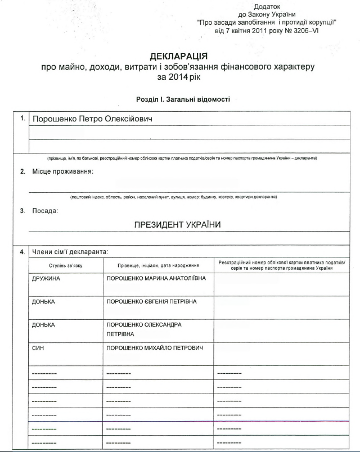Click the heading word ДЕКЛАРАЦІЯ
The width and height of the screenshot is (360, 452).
pos(179,56)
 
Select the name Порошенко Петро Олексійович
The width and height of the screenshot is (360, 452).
pos(92,119)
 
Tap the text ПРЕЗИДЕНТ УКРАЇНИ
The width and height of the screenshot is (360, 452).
pos(177,224)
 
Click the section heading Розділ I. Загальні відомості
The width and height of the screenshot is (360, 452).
pos(183,99)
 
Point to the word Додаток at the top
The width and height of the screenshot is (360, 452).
pos(267,6)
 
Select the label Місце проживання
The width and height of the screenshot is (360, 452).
pos(62,171)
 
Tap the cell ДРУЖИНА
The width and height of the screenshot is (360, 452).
pos(47,279)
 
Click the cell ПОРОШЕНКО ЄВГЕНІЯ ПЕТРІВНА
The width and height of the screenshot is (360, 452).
pos(152,302)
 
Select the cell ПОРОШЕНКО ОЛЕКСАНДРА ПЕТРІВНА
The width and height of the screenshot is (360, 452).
pos(144,329)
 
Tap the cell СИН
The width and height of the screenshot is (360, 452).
pos(38,348)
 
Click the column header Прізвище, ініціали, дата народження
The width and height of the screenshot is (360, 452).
pos(158,265)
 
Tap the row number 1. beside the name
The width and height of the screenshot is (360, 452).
pos(22,119)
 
